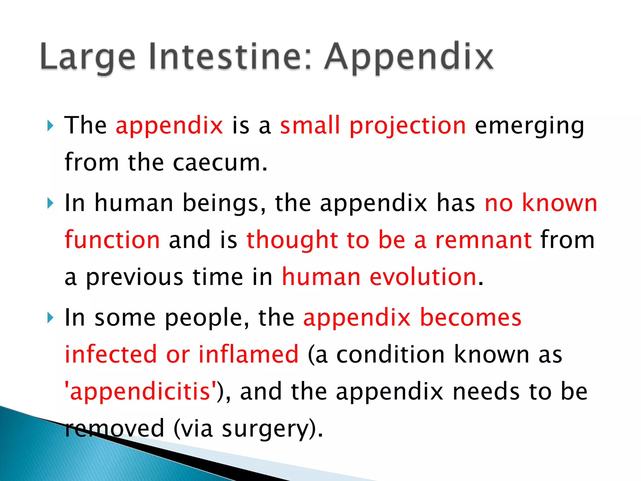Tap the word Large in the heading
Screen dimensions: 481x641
pos(88,57)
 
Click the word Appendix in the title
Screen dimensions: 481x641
pos(409,57)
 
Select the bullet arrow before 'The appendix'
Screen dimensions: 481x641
pos(50,126)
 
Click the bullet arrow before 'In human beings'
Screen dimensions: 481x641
pos(50,204)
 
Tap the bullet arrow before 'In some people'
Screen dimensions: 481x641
pos(50,318)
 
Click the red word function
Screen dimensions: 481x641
pos(112,240)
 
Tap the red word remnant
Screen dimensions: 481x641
pos(484,240)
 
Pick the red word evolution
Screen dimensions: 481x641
pos(423,277)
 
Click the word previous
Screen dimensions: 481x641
pos(135,277)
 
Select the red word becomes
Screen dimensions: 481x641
pos(470,318)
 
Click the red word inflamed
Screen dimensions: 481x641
pos(249,354)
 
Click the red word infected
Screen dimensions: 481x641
pos(110,354)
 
